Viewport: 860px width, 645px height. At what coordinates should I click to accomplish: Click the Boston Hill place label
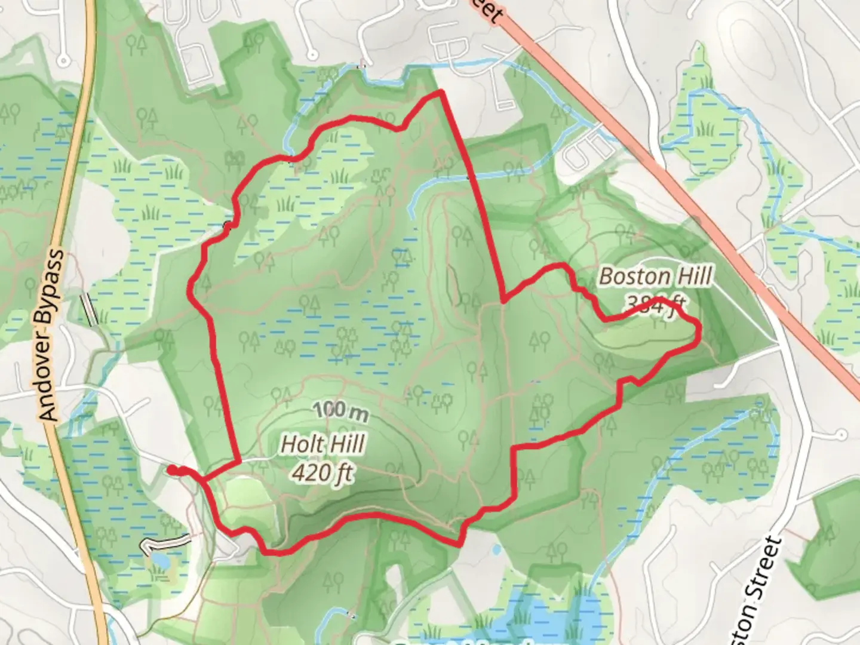pyautogui.click(x=656, y=277)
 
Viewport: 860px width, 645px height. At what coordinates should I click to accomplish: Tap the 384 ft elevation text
pyautogui.click(x=654, y=306)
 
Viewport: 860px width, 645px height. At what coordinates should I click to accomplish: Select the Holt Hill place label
pyautogui.click(x=322, y=444)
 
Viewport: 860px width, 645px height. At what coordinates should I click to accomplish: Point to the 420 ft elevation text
pyautogui.click(x=322, y=473)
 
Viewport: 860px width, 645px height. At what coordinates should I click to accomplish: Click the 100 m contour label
pyautogui.click(x=339, y=411)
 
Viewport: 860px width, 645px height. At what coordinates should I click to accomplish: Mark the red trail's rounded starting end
pyautogui.click(x=171, y=471)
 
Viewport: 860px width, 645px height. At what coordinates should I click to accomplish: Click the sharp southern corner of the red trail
pyautogui.click(x=459, y=543)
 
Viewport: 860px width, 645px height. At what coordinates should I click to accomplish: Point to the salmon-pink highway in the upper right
pyautogui.click(x=687, y=197)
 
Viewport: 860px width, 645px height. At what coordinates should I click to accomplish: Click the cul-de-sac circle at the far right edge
pyautogui.click(x=840, y=434)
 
